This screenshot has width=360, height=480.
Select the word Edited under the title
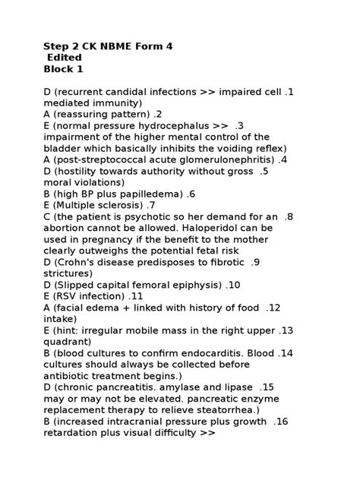coord(65,58)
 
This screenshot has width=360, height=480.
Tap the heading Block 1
coord(63,69)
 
